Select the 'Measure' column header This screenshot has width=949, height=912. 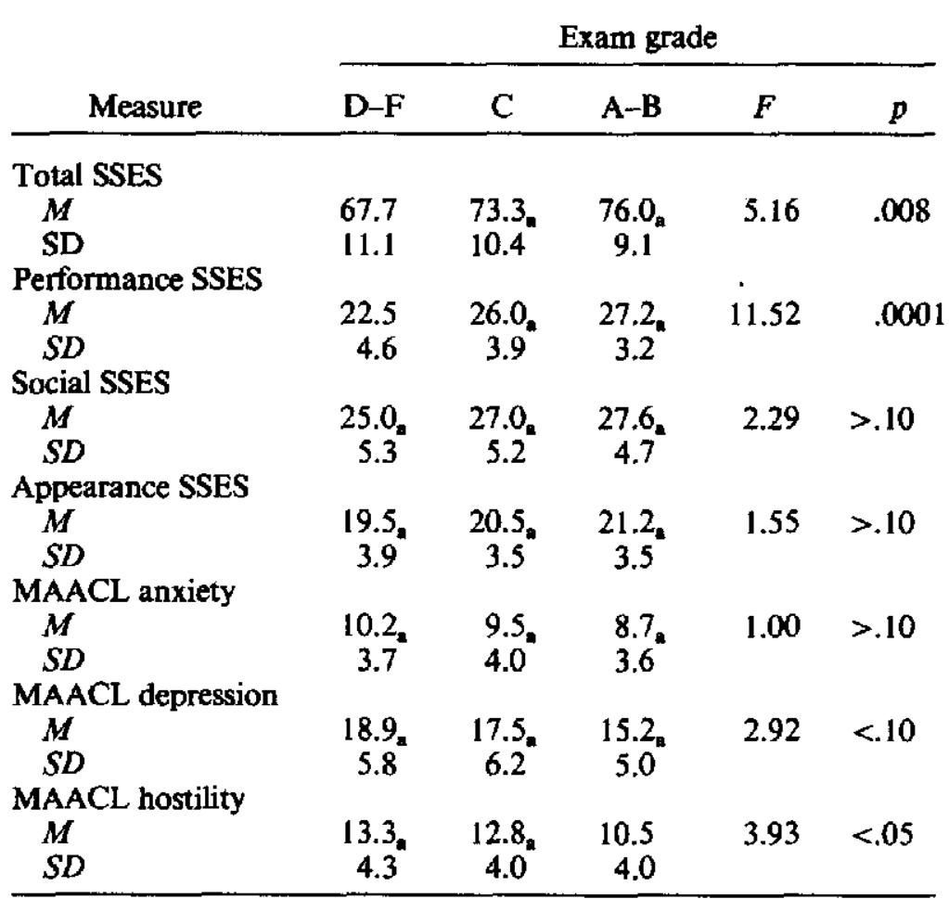145,109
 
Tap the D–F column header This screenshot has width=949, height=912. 371,109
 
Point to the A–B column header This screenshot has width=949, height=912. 631,109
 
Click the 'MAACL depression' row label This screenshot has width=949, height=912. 145,694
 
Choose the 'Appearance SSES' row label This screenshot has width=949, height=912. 129,487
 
